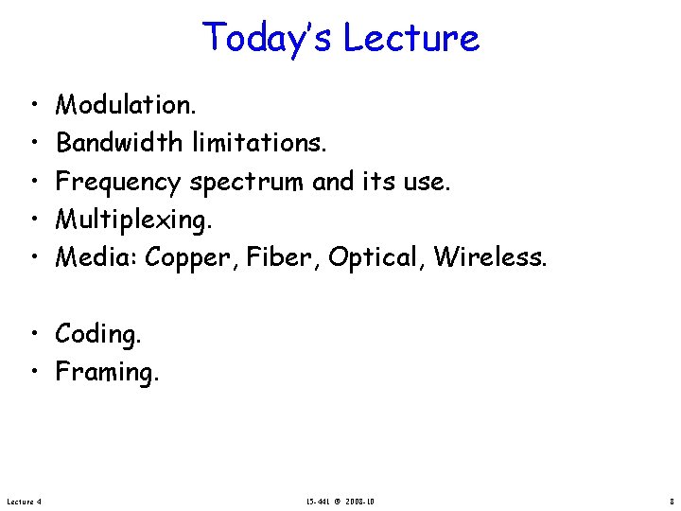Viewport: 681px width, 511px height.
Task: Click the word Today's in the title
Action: pyautogui.click(x=268, y=38)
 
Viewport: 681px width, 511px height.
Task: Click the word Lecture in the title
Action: pyautogui.click(x=411, y=38)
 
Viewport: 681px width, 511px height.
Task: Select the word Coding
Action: pyautogui.click(x=96, y=334)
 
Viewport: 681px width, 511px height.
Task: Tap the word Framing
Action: pyautogui.click(x=107, y=373)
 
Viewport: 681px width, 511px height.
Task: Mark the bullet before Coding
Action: pyautogui.click(x=33, y=334)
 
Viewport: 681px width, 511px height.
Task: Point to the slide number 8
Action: pyautogui.click(x=670, y=500)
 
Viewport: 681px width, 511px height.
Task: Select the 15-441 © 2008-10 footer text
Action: pyautogui.click(x=340, y=500)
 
